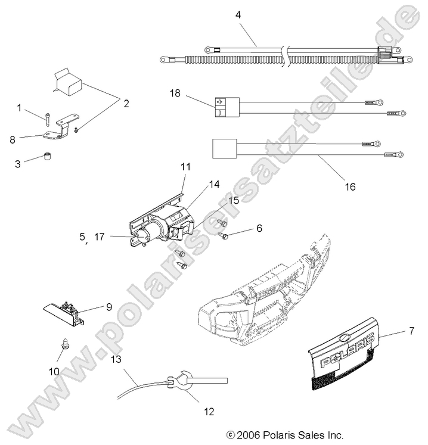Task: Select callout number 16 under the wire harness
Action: coord(350,186)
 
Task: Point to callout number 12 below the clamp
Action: coord(208,410)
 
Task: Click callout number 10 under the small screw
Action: coord(54,371)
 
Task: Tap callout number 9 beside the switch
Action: coord(109,307)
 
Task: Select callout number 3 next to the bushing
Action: coord(17,163)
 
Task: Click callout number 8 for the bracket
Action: coord(13,140)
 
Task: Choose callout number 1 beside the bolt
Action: coord(19,108)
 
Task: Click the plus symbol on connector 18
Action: coord(219,102)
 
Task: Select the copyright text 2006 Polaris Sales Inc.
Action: coord(285,435)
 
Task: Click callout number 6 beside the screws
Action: coord(259,228)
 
